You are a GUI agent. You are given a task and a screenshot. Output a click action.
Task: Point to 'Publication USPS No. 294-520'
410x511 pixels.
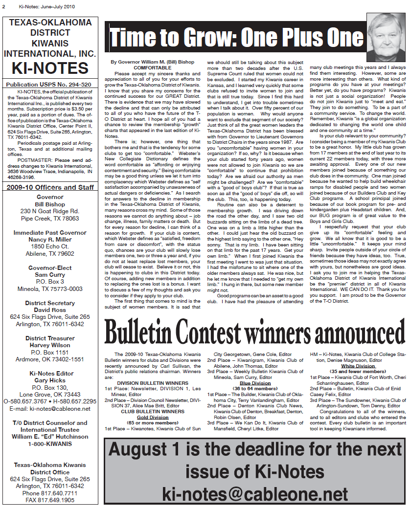50,85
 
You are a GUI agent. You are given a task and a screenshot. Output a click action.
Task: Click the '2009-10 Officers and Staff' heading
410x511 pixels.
50,187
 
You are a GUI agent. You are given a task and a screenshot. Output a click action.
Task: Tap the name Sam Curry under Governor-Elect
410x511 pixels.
50,275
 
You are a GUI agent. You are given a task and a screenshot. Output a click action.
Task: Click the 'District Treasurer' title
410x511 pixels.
50,338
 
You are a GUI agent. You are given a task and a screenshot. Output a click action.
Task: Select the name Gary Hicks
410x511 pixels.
50,380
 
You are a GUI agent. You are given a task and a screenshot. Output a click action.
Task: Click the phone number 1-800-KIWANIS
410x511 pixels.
50,444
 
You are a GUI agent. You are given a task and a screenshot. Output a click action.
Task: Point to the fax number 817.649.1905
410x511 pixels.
50,500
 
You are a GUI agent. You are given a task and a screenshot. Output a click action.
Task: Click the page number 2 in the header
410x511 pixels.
4,6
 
